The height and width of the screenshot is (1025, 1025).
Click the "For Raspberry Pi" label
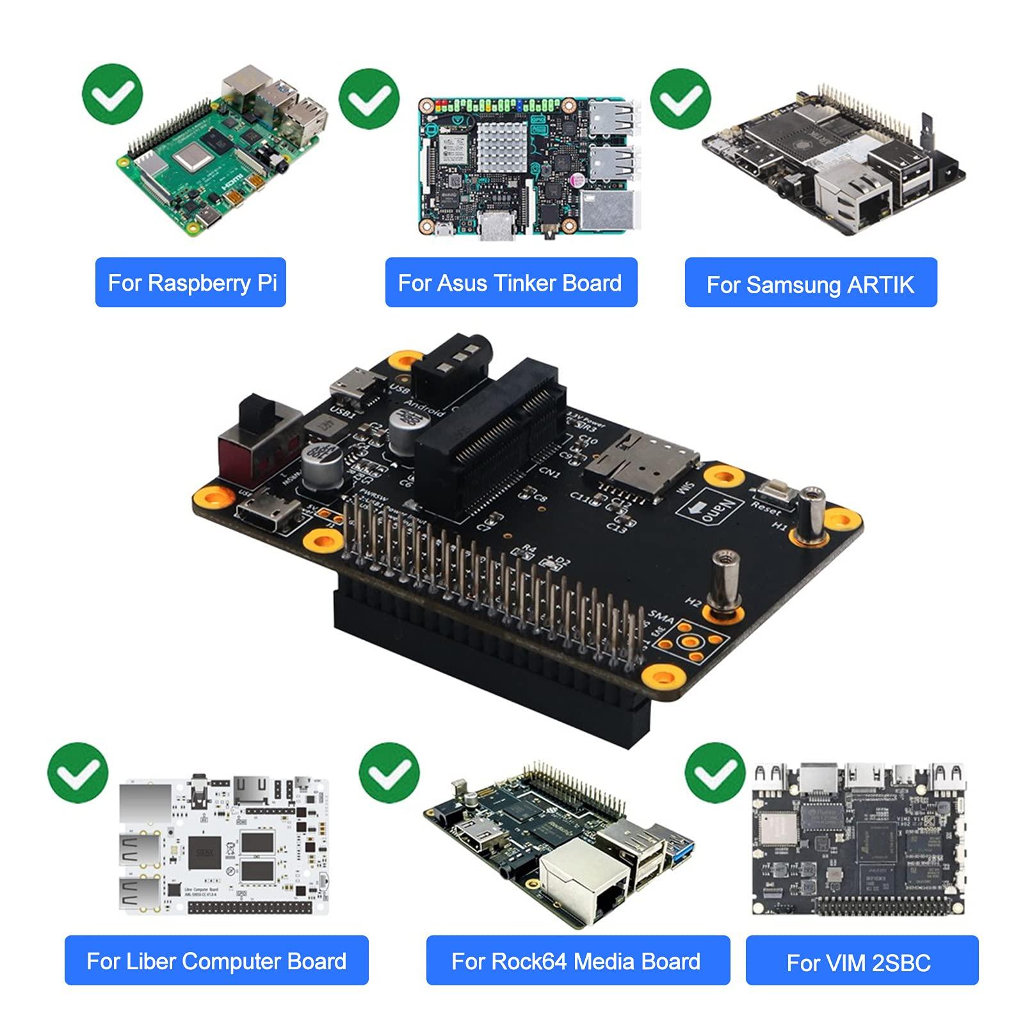pyautogui.click(x=191, y=282)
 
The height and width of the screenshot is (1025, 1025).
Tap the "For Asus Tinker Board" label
pyautogui.click(x=511, y=282)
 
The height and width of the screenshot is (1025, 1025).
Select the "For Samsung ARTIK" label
pyautogui.click(x=811, y=284)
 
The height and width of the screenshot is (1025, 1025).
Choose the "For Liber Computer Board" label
pyautogui.click(x=216, y=961)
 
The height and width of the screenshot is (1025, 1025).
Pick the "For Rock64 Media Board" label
pyautogui.click(x=577, y=961)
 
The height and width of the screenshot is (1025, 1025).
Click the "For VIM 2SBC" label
pyautogui.click(x=862, y=962)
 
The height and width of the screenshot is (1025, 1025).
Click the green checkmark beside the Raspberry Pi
pyautogui.click(x=113, y=94)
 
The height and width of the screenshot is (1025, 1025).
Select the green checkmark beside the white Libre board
pyautogui.click(x=78, y=773)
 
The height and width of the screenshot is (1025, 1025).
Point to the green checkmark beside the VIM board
pyautogui.click(x=715, y=773)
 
